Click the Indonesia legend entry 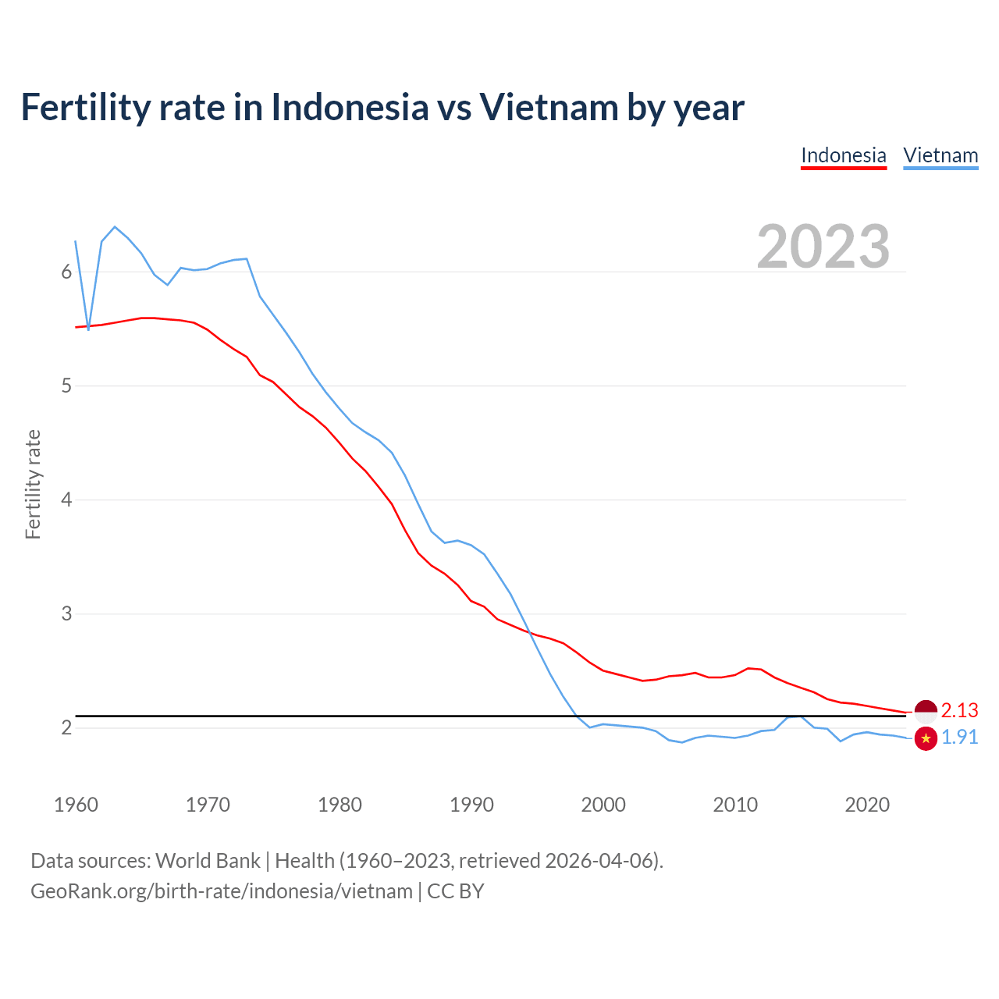tap(844, 155)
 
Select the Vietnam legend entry tap(940, 155)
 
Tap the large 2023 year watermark tap(823, 247)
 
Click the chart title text tap(382, 107)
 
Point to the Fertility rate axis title tap(33, 484)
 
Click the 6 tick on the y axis tap(66, 272)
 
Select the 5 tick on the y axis tap(66, 386)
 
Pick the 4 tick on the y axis tap(66, 499)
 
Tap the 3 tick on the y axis tap(66, 613)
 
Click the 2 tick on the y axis tap(66, 727)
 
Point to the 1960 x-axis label tap(76, 805)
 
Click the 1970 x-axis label tap(208, 805)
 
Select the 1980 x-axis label tap(340, 805)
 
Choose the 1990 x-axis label tap(471, 805)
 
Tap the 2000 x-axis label tap(603, 805)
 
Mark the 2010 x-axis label tap(735, 805)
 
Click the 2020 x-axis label tap(867, 805)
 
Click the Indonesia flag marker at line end tap(926, 711)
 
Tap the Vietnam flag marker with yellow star tap(926, 738)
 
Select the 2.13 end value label tap(959, 710)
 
